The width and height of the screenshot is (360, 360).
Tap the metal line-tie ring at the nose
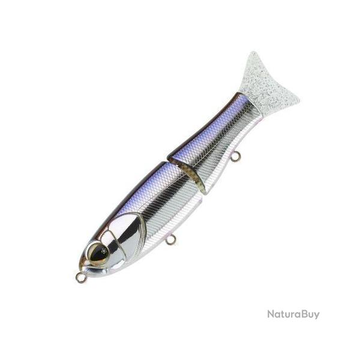[80, 278]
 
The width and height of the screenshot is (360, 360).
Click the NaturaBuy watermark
[293, 314]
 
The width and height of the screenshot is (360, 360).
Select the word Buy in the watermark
[309, 314]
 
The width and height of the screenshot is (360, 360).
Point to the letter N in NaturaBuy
[271, 314]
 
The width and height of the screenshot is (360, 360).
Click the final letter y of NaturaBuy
[317, 316]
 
